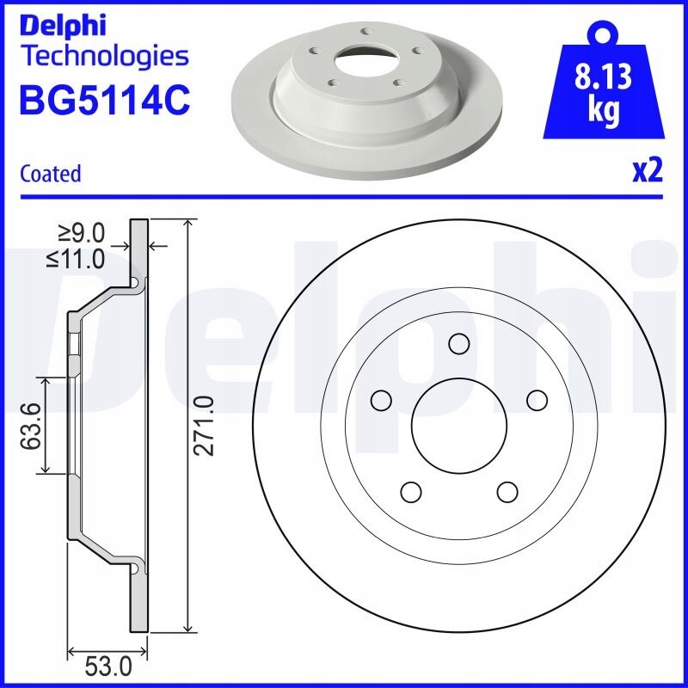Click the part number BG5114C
pyautogui.click(x=105, y=100)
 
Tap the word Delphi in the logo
pyautogui.click(x=63, y=26)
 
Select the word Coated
pyautogui.click(x=51, y=174)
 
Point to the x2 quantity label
pyautogui.click(x=648, y=171)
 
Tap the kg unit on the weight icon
pyautogui.click(x=604, y=111)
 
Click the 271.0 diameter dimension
pyautogui.click(x=205, y=426)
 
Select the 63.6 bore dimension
pyautogui.click(x=32, y=426)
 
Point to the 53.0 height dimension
pyautogui.click(x=108, y=668)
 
